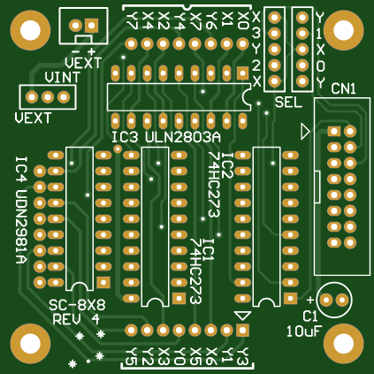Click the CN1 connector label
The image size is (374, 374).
343,90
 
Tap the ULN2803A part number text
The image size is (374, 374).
183,138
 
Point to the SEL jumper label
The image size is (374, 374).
288,103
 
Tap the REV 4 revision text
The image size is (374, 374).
76,319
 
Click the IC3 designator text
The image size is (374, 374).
126,139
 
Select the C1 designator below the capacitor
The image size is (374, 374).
310,316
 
